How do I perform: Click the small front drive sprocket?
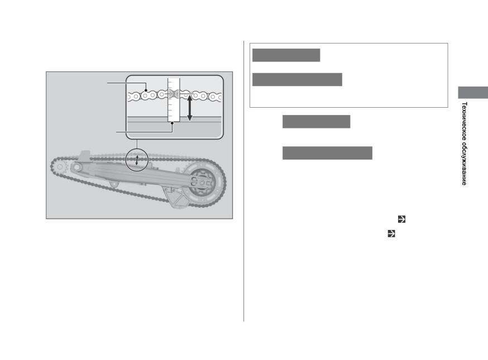click(x=60, y=167)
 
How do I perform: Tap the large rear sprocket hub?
click(x=202, y=183)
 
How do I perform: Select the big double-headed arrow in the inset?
click(x=189, y=108)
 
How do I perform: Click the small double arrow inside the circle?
click(x=137, y=160)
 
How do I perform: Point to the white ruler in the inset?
click(x=174, y=99)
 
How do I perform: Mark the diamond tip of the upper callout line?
click(x=146, y=90)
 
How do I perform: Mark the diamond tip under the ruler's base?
click(x=172, y=123)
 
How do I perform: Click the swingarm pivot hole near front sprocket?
click(x=76, y=167)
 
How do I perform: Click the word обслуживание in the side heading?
click(x=464, y=165)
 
